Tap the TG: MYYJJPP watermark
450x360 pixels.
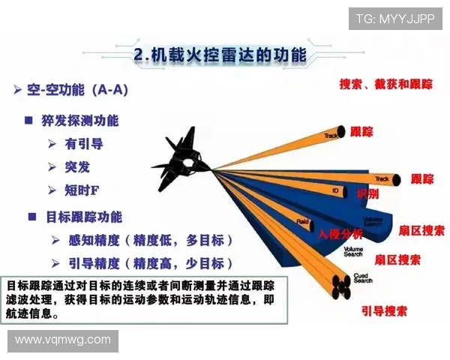point(394,18)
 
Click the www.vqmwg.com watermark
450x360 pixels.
point(63,340)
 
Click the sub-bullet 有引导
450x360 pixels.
point(85,143)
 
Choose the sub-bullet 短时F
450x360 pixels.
point(82,190)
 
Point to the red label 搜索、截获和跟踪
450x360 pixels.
point(385,84)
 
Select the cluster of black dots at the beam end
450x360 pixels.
point(340,285)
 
